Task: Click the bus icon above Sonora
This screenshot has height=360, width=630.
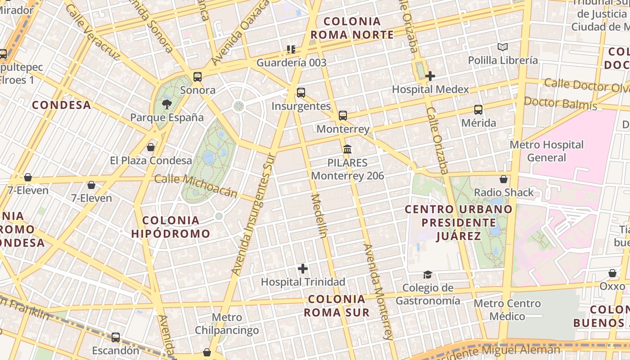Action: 198,77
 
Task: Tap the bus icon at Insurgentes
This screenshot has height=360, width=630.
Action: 301,93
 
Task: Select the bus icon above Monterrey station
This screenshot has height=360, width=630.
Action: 343,116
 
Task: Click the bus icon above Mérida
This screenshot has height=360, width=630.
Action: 478,109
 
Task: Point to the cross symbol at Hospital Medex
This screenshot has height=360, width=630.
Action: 430,76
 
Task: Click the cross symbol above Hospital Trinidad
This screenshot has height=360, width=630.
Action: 303,269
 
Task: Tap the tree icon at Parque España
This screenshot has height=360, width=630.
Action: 167,105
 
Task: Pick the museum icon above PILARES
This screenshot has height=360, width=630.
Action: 347,149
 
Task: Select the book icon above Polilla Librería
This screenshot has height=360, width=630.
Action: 503,47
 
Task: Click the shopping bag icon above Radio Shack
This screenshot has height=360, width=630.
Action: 504,179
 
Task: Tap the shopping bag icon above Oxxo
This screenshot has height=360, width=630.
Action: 612,273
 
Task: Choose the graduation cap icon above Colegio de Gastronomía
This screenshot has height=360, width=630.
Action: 427,274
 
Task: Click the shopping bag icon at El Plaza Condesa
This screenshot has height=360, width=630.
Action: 151,147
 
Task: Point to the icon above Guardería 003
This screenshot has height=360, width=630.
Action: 291,49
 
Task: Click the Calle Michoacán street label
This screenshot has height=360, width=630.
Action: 196,186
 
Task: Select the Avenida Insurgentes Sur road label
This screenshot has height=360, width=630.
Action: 253,214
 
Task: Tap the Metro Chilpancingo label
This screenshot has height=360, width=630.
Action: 227,324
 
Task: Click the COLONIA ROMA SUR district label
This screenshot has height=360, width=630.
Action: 337,306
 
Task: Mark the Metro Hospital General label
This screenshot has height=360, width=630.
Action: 546,151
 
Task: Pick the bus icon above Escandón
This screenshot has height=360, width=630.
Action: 116,337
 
